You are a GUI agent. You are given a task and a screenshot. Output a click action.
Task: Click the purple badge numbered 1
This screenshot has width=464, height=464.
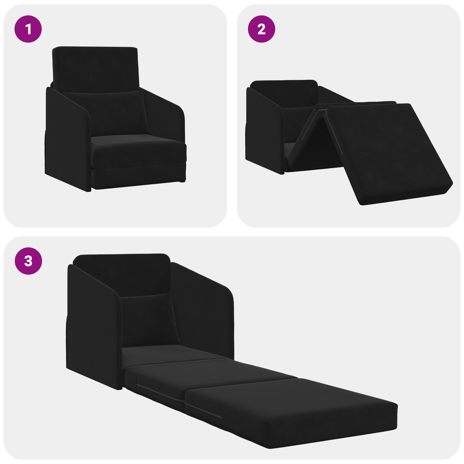pyautogui.click(x=28, y=29)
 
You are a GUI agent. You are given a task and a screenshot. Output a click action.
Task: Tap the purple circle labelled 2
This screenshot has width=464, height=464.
pyautogui.click(x=261, y=29)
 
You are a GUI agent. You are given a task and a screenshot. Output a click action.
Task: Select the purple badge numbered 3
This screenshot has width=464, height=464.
pyautogui.click(x=28, y=261)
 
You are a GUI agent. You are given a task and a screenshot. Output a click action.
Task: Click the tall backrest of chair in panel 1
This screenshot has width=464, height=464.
pyautogui.click(x=95, y=68)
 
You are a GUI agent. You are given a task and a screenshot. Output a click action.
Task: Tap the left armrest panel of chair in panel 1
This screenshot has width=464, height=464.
pyautogui.click(x=67, y=139)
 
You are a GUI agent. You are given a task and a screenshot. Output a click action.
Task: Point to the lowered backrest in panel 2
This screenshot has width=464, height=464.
pyautogui.click(x=284, y=93)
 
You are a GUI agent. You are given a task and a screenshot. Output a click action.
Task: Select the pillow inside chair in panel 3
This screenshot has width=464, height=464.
pyautogui.click(x=149, y=319)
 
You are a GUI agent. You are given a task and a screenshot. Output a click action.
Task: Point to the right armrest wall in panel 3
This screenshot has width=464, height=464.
pyautogui.click(x=203, y=313)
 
